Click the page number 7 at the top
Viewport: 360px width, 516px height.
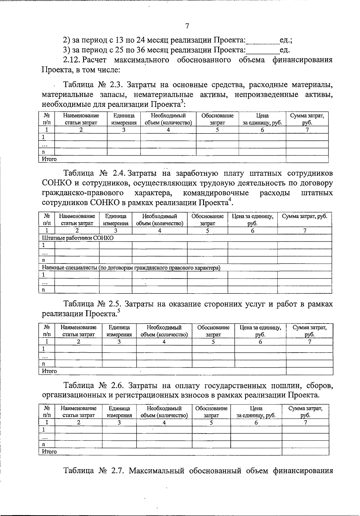(187, 26)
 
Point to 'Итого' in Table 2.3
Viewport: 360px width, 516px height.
(49, 159)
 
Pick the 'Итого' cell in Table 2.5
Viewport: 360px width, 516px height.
(49, 371)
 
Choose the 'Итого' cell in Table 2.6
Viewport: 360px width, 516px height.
(49, 452)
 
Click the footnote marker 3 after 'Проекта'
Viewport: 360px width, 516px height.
(182, 103)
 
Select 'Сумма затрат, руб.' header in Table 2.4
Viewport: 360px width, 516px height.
(304, 216)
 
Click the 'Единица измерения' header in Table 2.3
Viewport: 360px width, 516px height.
(124, 119)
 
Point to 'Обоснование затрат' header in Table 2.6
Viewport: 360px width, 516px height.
(211, 412)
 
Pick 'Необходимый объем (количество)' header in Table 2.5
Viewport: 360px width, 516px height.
(164, 331)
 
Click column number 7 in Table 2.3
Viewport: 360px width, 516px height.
(307, 130)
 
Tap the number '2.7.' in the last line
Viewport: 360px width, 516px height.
(116, 471)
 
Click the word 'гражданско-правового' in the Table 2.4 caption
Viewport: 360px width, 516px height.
(83, 193)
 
